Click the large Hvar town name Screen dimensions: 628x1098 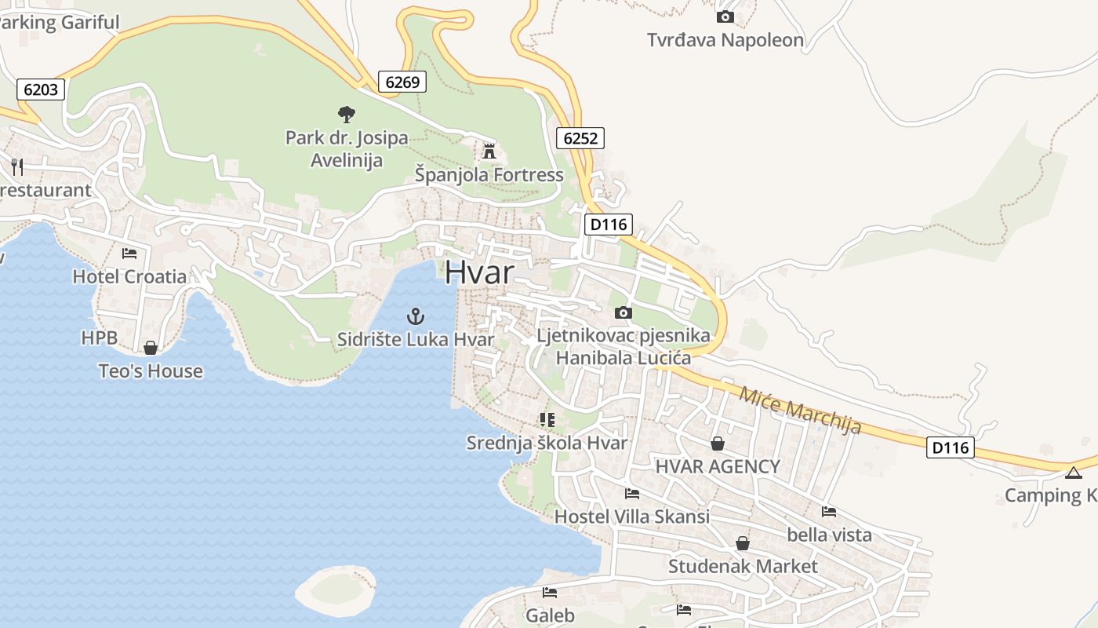pyautogui.click(x=479, y=272)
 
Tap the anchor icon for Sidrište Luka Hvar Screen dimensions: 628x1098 pyautogui.click(x=416, y=316)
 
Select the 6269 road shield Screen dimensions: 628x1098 pyautogui.click(x=402, y=81)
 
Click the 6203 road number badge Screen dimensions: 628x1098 pyautogui.click(x=41, y=89)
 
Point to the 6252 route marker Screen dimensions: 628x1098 pyautogui.click(x=580, y=139)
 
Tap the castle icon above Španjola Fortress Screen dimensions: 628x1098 pyautogui.click(x=489, y=150)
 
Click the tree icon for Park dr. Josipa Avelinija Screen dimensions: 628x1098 pyautogui.click(x=346, y=115)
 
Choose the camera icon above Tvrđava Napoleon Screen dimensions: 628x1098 pyautogui.click(x=725, y=16)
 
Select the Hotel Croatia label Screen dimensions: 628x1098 pyautogui.click(x=129, y=276)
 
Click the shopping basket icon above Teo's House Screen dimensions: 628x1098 pyautogui.click(x=151, y=348)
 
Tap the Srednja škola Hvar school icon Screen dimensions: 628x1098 pyautogui.click(x=547, y=420)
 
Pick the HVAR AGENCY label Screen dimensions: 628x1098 pyautogui.click(x=718, y=466)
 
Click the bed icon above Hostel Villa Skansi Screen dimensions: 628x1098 pyautogui.click(x=631, y=494)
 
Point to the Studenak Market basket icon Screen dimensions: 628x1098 pyautogui.click(x=742, y=543)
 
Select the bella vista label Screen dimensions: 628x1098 pyautogui.click(x=829, y=535)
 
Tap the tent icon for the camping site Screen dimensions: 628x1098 pyautogui.click(x=1073, y=473)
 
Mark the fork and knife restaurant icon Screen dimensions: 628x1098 pyautogui.click(x=17, y=166)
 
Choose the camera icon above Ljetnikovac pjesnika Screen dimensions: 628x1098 pyautogui.click(x=624, y=313)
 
